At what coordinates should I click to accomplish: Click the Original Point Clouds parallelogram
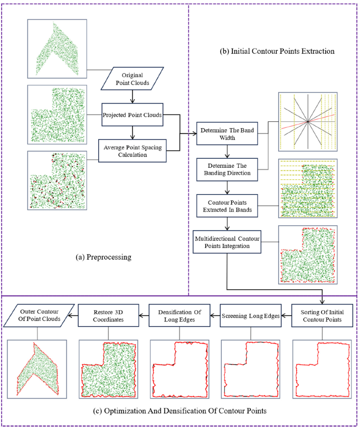point(132,79)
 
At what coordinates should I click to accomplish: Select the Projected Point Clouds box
point(132,115)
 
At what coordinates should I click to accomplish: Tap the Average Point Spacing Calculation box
point(132,151)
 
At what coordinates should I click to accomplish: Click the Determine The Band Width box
point(227,134)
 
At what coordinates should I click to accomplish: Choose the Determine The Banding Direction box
point(227,169)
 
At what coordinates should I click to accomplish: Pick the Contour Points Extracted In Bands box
point(227,206)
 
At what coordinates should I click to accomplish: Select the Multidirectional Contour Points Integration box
point(227,242)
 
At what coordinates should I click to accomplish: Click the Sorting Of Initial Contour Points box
point(322,316)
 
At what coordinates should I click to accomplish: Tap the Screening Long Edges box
point(251,316)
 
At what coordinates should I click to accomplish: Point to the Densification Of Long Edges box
point(179,316)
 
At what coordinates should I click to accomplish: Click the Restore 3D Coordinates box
point(108,316)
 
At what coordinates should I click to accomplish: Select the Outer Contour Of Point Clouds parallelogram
point(39,316)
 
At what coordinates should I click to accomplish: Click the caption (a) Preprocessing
point(103,257)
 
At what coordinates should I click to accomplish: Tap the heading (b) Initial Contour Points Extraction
point(277,51)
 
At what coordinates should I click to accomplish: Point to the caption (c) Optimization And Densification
point(180,411)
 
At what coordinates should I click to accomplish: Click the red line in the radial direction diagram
point(308,121)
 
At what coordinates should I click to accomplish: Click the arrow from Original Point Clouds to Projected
point(132,97)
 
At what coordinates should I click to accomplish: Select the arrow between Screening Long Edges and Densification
point(215,316)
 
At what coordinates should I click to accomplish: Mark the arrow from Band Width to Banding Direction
point(227,151)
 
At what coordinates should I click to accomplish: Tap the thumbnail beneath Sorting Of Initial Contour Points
point(322,369)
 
